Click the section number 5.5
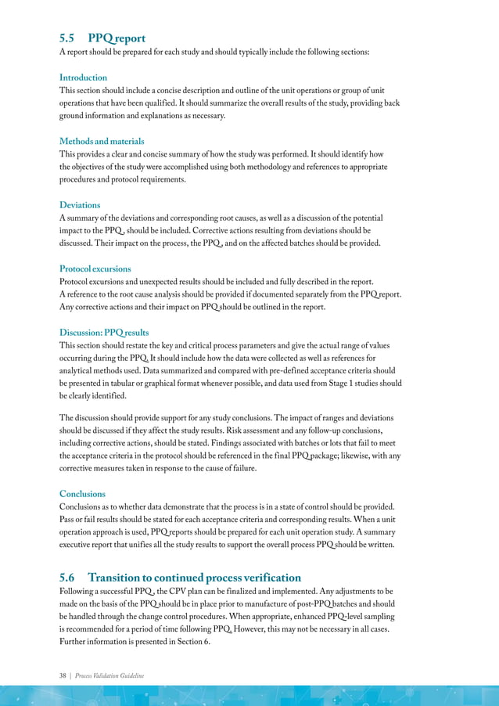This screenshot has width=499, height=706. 68,38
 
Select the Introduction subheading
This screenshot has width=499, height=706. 83,77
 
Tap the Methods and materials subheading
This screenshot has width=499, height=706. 102,141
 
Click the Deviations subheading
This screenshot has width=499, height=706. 80,205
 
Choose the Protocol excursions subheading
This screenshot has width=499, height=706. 95,268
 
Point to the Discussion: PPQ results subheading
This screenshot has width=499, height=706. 104,333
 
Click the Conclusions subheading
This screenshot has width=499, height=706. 82,494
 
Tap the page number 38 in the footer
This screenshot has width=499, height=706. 63,675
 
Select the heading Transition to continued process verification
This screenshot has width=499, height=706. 194,577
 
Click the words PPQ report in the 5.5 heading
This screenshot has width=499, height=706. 117,38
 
